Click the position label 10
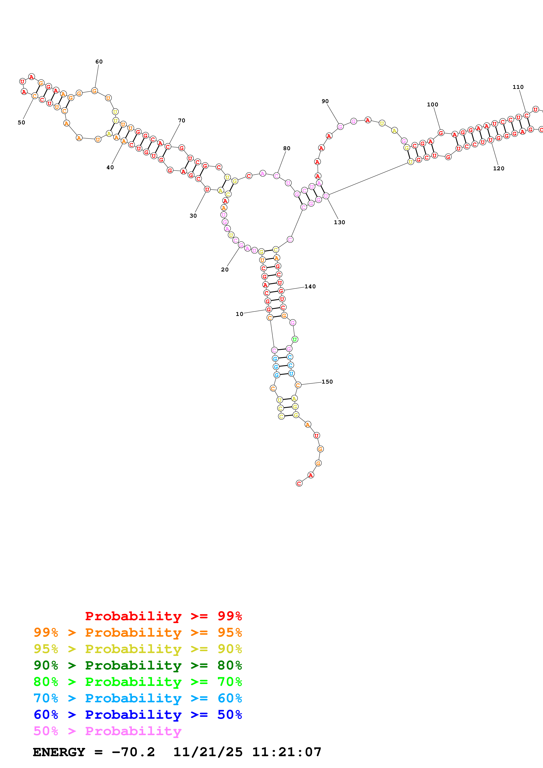click(x=240, y=314)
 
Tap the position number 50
click(x=21, y=122)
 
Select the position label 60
click(x=99, y=62)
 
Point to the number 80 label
click(x=287, y=148)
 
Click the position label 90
click(x=325, y=101)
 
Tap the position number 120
click(x=499, y=168)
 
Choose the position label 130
click(x=340, y=222)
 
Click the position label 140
click(x=310, y=286)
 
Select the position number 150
click(x=327, y=382)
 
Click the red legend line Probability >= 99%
click(x=164, y=616)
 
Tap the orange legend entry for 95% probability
click(x=138, y=632)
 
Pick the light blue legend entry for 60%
click(x=138, y=698)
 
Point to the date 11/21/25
click(x=208, y=752)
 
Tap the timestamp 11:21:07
click(x=287, y=752)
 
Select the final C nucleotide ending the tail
click(x=299, y=483)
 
